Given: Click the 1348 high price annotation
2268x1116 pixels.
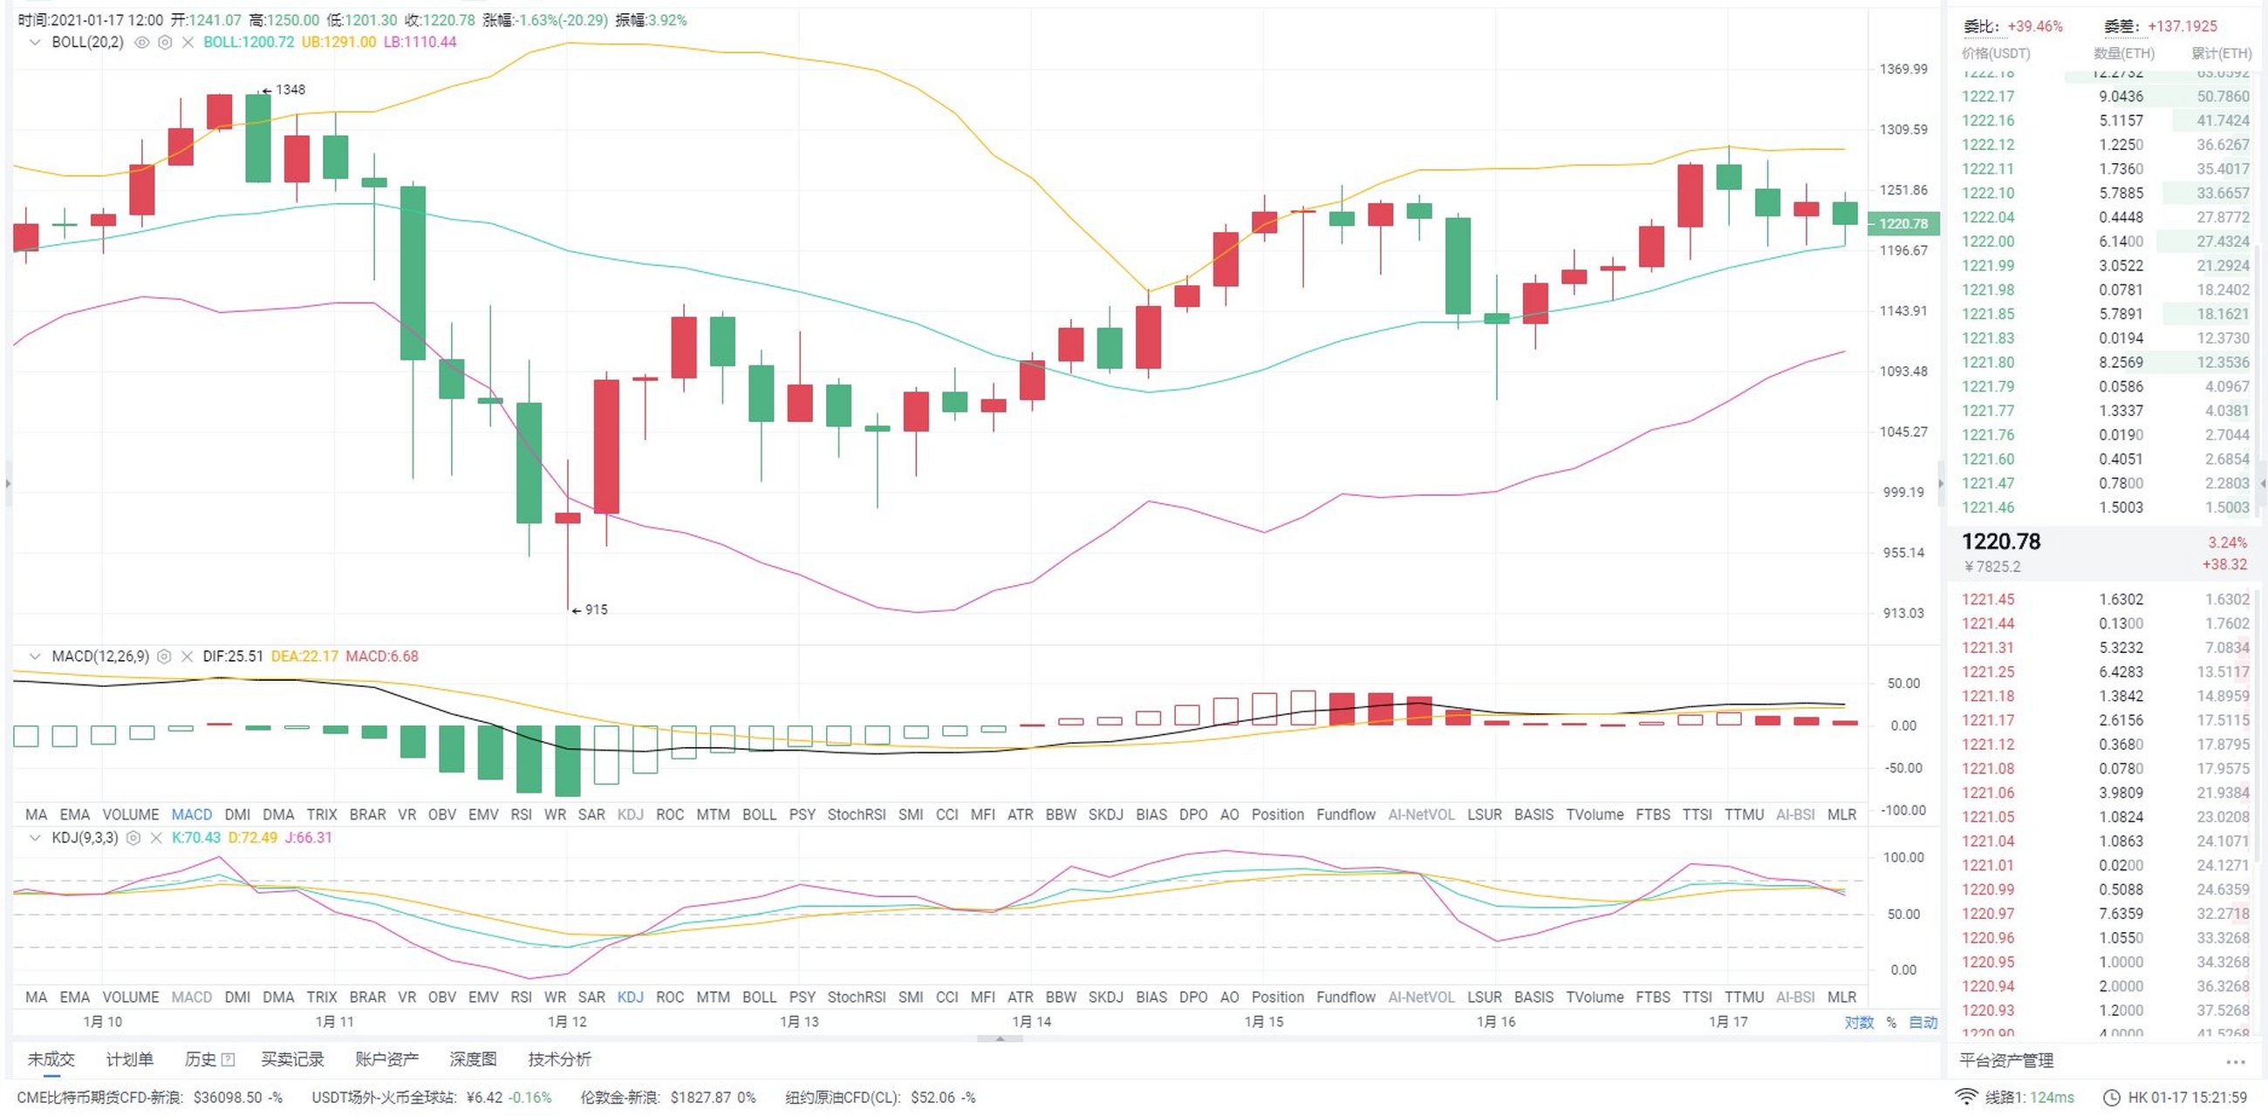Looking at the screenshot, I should (289, 90).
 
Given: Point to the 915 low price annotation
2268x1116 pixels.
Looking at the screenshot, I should (595, 610).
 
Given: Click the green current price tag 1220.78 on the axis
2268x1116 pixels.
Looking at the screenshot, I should (1903, 223).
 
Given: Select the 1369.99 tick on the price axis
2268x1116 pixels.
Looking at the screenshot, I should (1903, 70).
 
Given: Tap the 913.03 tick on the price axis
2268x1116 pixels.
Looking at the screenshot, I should (1903, 614).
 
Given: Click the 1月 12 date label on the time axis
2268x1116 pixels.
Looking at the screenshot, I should (566, 1022).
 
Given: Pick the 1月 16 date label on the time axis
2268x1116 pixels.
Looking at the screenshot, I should (1496, 1022).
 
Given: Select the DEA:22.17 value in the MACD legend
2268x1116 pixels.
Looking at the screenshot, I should (304, 657).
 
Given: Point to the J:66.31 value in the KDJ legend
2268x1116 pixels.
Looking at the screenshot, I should (308, 838).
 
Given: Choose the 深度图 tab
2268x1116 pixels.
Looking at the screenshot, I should (473, 1059).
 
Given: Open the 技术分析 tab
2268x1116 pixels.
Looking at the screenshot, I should (559, 1059).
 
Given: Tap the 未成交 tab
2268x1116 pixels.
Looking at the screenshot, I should (51, 1059).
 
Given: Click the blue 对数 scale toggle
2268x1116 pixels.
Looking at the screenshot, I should (1859, 1023).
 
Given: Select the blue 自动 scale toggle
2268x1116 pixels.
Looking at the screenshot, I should (1923, 1023).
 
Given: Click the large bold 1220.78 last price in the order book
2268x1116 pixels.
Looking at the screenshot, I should (2000, 542).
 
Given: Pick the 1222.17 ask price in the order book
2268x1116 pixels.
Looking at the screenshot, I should (1987, 97).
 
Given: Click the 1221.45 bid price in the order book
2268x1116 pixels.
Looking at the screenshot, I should (1987, 599).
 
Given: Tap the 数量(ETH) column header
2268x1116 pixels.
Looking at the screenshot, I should (2123, 54).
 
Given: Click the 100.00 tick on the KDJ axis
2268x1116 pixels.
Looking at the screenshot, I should (1903, 858).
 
